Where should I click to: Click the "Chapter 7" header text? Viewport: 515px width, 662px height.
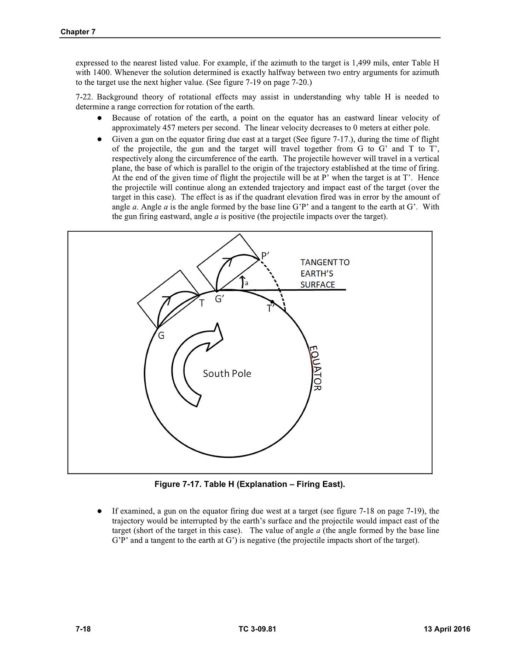[x=78, y=32]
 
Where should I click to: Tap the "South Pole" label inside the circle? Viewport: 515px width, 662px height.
[x=227, y=373]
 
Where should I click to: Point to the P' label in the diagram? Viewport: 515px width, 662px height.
[x=265, y=255]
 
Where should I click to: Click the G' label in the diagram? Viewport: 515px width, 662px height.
[x=220, y=299]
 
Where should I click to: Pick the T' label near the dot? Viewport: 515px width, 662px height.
[x=271, y=309]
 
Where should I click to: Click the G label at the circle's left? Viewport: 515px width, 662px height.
[x=161, y=336]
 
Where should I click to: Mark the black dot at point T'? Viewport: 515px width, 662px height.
[x=272, y=302]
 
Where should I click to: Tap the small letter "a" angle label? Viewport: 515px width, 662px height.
[x=247, y=283]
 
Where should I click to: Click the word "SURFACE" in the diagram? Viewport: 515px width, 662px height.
[x=318, y=285]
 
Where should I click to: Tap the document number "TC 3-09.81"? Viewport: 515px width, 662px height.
[x=257, y=629]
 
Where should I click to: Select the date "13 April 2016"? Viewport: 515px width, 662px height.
[x=447, y=629]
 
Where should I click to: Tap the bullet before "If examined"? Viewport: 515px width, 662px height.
[x=100, y=511]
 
